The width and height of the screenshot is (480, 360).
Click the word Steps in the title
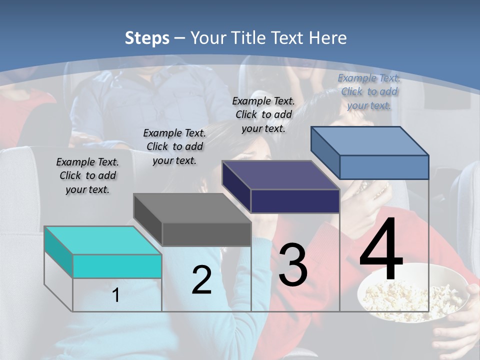pos(147,38)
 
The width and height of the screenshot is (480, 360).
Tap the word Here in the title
pos(327,38)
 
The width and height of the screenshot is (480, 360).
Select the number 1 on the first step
pos(116,295)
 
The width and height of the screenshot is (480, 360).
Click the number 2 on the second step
pos(201,280)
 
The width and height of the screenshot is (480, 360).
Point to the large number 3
pos(292,265)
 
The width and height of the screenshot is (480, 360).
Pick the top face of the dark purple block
pos(280,175)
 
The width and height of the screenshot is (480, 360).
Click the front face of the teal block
pos(117,266)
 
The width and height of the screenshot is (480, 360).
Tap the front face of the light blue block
pos(384,167)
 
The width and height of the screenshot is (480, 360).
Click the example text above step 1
pos(87,175)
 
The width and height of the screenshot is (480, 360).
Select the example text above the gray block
pos(174,146)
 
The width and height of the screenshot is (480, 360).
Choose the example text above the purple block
pos(263,114)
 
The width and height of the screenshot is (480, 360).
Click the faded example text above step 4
pos(369,91)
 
